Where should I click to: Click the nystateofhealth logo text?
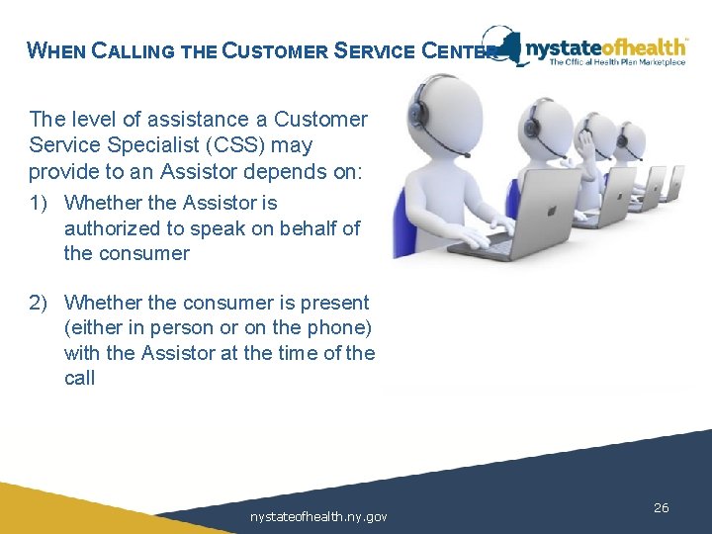[x=605, y=45]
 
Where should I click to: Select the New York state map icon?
[x=506, y=45]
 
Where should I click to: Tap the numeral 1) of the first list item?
[x=40, y=203]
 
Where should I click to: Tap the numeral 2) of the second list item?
[x=40, y=303]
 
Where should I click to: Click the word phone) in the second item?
[x=334, y=328]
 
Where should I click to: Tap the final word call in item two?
[x=79, y=378]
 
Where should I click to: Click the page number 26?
[x=662, y=507]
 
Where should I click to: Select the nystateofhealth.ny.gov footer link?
[x=318, y=516]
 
